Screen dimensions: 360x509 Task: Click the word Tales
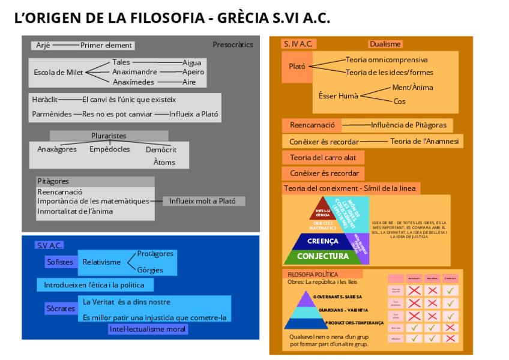click(x=121, y=62)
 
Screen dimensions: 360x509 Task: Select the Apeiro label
click(x=193, y=72)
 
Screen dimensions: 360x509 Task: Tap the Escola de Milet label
click(x=58, y=73)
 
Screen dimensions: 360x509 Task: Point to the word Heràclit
click(x=45, y=100)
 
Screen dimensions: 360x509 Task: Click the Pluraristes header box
click(x=109, y=136)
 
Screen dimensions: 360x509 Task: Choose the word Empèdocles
click(x=110, y=149)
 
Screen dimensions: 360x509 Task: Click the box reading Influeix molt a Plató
click(x=203, y=202)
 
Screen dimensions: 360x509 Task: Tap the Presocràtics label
click(x=233, y=45)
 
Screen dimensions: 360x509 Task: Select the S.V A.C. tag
click(x=50, y=245)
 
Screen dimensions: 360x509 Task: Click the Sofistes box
click(x=60, y=262)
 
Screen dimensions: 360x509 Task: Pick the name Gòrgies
click(x=150, y=270)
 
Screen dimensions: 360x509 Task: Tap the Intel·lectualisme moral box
click(x=148, y=329)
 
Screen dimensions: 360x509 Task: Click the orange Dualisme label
click(x=385, y=44)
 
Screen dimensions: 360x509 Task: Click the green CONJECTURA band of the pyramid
click(x=322, y=256)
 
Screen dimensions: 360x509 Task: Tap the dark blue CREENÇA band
click(x=323, y=241)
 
